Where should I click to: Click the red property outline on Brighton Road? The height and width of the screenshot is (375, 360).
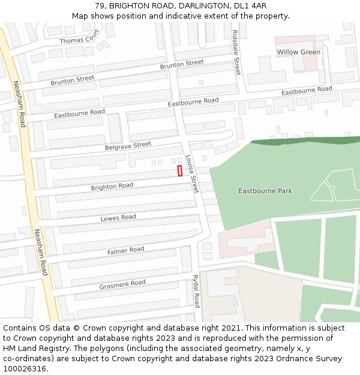click(x=179, y=171)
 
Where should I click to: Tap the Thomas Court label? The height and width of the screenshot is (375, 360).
click(x=79, y=40)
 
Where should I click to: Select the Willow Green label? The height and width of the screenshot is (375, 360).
click(x=298, y=52)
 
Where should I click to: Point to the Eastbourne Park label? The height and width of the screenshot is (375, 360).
click(x=265, y=191)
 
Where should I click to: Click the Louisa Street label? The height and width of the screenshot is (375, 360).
click(x=191, y=174)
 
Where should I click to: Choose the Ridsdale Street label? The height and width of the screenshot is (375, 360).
click(x=236, y=52)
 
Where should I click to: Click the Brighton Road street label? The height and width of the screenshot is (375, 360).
click(x=112, y=187)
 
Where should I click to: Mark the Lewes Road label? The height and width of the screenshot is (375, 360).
click(x=118, y=217)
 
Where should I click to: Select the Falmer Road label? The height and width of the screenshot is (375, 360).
click(x=125, y=250)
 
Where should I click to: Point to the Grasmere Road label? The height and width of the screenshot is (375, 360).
click(x=122, y=283)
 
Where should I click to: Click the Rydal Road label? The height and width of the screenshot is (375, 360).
click(x=196, y=290)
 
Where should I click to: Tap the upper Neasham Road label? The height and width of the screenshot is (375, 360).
click(x=19, y=103)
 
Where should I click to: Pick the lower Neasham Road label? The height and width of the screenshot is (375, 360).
click(x=40, y=252)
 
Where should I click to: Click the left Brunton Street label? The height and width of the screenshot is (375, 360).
click(x=73, y=79)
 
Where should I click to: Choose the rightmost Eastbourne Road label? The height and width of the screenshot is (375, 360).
click(x=307, y=90)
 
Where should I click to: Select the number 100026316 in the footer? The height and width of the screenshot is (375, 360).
click(x=24, y=368)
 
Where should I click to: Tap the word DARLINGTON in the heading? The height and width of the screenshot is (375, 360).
click(x=194, y=5)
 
